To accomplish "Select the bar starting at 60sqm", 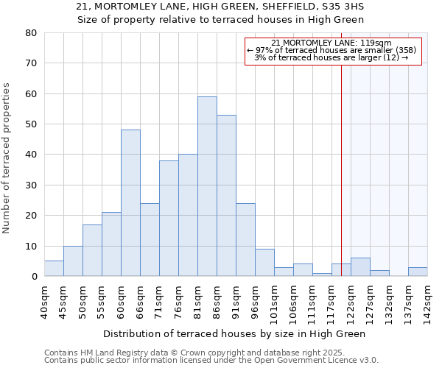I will [x=130, y=203].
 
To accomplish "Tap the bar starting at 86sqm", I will [x=226, y=196].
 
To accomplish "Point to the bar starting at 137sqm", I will [x=418, y=272].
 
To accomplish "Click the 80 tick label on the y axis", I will [x=31, y=33].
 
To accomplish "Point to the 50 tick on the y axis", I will [x=31, y=124].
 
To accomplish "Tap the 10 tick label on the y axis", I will [x=31, y=246].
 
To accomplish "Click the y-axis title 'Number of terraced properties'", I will [x=7, y=158].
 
